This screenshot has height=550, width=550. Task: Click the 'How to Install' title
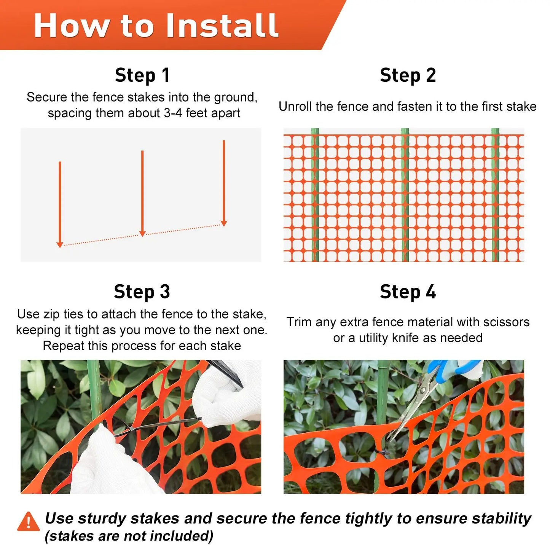(x=156, y=26)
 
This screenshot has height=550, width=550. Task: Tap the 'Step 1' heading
(x=142, y=75)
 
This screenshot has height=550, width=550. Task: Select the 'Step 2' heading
(x=408, y=75)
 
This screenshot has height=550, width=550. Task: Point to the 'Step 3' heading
(x=142, y=292)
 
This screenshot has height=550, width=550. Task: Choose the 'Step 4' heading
(x=408, y=292)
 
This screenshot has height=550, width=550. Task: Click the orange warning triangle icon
(x=28, y=522)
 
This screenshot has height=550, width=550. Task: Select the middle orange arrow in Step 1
(x=142, y=193)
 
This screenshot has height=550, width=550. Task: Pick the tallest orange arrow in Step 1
(x=224, y=183)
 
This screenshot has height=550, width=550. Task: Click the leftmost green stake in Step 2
(x=315, y=194)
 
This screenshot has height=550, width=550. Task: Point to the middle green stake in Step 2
(x=405, y=194)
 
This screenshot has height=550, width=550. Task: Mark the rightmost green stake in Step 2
(x=495, y=194)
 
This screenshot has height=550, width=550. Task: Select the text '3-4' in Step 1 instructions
(x=173, y=113)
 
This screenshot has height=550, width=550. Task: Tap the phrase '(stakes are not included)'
(x=129, y=536)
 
